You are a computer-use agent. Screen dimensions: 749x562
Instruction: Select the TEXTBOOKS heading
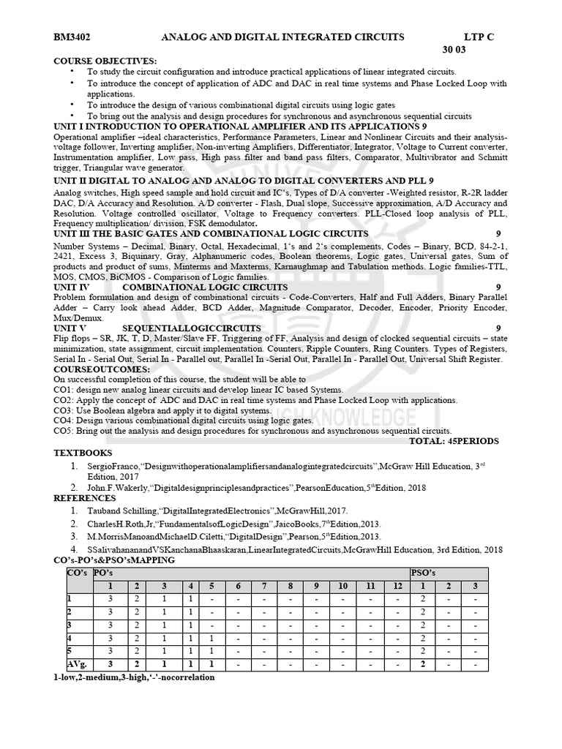point(83,453)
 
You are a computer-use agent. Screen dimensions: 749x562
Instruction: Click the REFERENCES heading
point(85,498)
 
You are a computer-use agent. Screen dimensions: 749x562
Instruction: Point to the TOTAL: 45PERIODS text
point(454,441)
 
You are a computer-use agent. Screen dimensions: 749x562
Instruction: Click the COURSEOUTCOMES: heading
point(102,369)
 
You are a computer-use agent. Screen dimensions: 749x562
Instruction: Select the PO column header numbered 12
point(396,586)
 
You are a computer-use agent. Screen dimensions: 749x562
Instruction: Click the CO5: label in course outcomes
point(65,431)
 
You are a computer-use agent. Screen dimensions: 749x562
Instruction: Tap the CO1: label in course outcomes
point(65,390)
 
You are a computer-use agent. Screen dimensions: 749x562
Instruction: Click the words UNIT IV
point(71,287)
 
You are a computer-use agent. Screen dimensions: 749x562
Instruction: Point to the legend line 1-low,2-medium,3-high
point(134,678)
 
